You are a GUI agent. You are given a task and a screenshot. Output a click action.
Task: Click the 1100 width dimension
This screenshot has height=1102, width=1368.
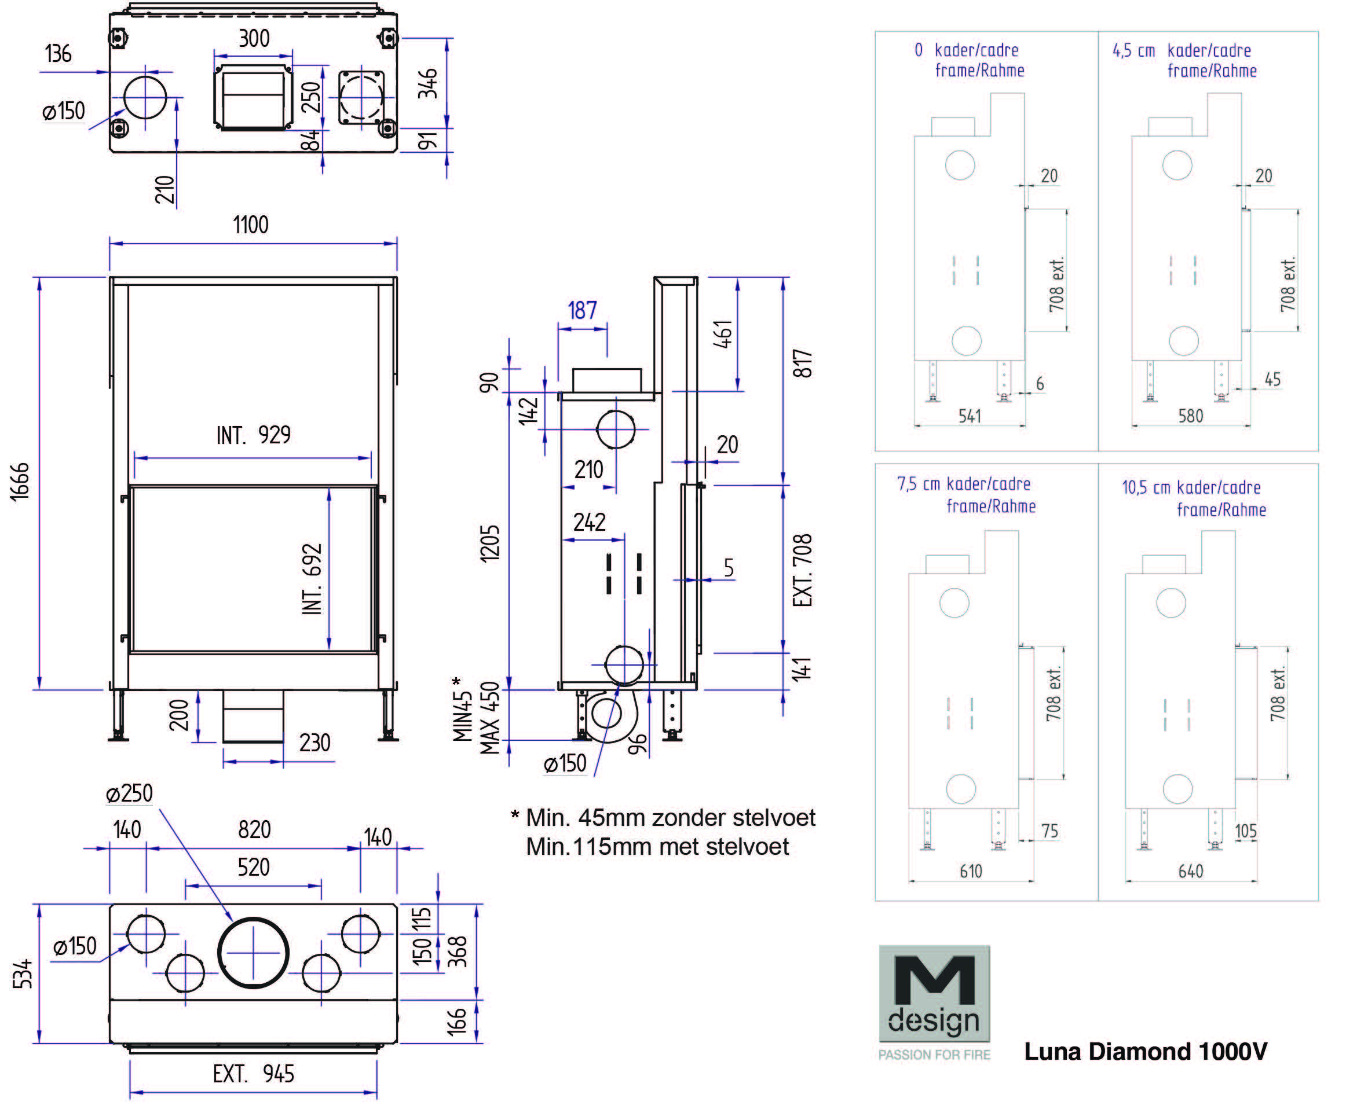pyautogui.click(x=250, y=225)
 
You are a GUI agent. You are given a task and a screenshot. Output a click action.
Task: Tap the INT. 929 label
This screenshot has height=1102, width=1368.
pyautogui.click(x=254, y=435)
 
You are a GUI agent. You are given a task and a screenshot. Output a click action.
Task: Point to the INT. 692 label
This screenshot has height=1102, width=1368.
pyautogui.click(x=312, y=578)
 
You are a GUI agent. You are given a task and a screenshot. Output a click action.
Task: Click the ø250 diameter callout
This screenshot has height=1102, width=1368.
pyautogui.click(x=130, y=794)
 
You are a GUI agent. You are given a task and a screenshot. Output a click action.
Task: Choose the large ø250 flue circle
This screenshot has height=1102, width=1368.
pyautogui.click(x=254, y=953)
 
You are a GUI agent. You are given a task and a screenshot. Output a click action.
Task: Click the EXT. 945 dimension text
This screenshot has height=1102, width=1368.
pyautogui.click(x=254, y=1074)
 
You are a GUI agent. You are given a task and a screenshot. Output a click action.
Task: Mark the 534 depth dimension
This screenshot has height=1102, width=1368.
pyautogui.click(x=23, y=974)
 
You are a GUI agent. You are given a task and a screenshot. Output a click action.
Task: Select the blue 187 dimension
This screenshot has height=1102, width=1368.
pyautogui.click(x=581, y=310)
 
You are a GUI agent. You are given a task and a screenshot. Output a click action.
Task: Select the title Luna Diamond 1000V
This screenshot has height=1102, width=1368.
pyautogui.click(x=1145, y=1051)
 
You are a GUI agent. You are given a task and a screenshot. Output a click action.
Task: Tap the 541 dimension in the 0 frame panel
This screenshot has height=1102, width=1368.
pyautogui.click(x=970, y=416)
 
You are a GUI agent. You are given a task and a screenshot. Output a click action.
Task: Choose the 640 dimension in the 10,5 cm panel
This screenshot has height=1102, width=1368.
pyautogui.click(x=1191, y=872)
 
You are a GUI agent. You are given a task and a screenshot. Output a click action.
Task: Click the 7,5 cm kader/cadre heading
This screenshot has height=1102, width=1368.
pyautogui.click(x=963, y=484)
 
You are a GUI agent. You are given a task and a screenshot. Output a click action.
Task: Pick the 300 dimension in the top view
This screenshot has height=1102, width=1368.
pyautogui.click(x=254, y=39)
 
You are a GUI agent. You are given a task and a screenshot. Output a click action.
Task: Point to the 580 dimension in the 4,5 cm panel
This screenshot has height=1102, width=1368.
pyautogui.click(x=1191, y=416)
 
